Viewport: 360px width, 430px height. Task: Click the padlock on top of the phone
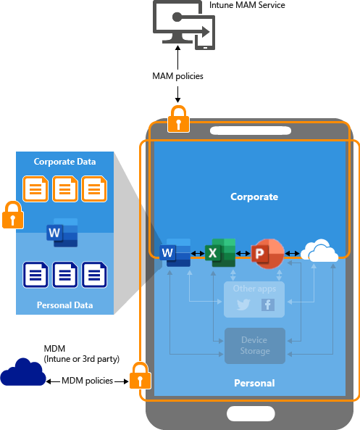point(178,119)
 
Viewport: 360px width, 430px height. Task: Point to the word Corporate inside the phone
point(254,197)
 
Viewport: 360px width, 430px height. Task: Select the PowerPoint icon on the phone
point(266,254)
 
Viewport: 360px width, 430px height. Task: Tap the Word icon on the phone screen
point(177,253)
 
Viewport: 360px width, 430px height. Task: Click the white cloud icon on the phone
point(319,252)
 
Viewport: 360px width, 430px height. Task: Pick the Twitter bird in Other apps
point(243,305)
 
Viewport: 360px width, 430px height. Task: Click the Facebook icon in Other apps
point(267,305)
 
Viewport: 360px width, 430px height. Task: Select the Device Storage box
point(255,346)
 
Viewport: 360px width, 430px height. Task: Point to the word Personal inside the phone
point(254,382)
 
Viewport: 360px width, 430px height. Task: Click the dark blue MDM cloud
point(22,373)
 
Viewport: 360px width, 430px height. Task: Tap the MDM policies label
point(88,381)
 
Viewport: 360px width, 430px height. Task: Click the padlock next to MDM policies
point(139,377)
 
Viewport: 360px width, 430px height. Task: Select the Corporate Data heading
point(65,161)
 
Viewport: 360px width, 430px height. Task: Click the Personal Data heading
point(65,305)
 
